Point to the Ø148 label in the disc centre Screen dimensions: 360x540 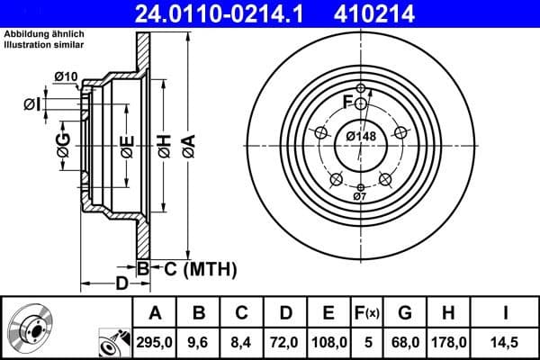361,137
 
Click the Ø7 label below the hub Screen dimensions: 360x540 359,196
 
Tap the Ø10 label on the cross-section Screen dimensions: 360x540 65,76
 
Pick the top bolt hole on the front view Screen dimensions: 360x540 361,88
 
